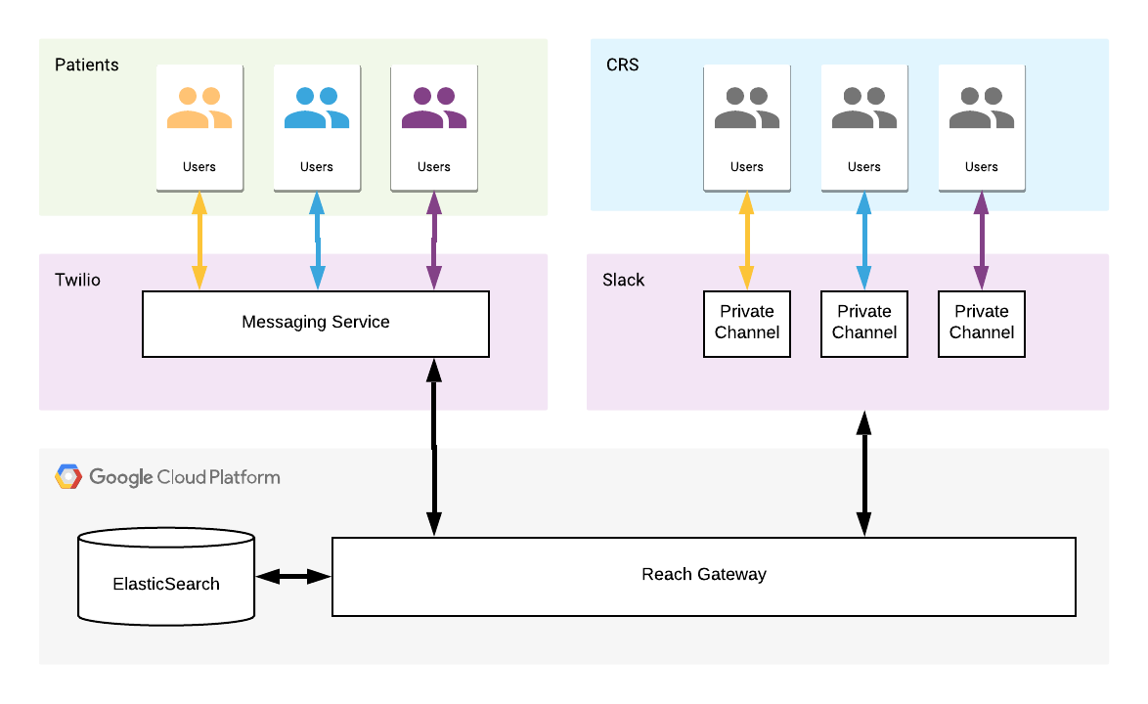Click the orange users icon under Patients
click(199, 109)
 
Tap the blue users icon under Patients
click(317, 109)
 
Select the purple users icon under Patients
click(434, 109)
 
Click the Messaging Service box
click(315, 323)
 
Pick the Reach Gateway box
click(703, 575)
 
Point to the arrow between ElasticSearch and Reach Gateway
click(293, 577)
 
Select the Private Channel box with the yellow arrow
click(747, 323)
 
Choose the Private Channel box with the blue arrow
click(864, 323)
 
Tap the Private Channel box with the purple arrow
click(982, 323)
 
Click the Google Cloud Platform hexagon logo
click(68, 477)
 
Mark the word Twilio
click(77, 280)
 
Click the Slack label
click(624, 280)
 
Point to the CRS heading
click(622, 65)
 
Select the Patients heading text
click(86, 65)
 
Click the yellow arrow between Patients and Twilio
click(199, 241)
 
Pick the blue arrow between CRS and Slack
click(864, 241)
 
